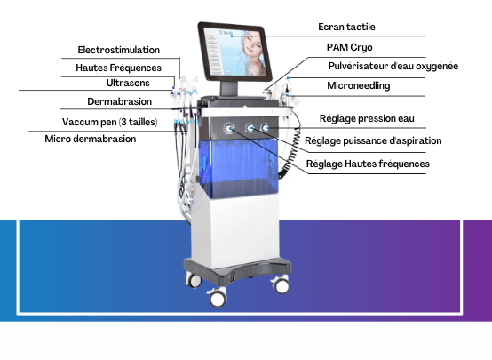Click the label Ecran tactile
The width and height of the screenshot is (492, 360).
pyautogui.click(x=346, y=27)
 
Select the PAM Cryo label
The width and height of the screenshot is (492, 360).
pyautogui.click(x=349, y=47)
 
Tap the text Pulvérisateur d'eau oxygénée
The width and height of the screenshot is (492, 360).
pyautogui.click(x=393, y=67)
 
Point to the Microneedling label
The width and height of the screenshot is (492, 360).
pyautogui.click(x=358, y=85)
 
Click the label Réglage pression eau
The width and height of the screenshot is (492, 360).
pyautogui.click(x=367, y=118)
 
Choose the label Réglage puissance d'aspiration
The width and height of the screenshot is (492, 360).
pyautogui.click(x=373, y=140)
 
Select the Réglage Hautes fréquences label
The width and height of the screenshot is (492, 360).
pyautogui.click(x=368, y=164)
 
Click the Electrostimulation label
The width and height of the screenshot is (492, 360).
pyautogui.click(x=119, y=50)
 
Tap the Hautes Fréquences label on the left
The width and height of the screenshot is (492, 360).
pyautogui.click(x=118, y=68)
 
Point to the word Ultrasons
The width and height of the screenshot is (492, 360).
pyautogui.click(x=128, y=83)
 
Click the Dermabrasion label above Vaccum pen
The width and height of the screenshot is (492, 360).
pyautogui.click(x=119, y=101)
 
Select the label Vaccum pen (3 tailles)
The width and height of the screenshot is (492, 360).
pyautogui.click(x=110, y=122)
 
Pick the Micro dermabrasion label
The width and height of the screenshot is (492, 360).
pyautogui.click(x=91, y=139)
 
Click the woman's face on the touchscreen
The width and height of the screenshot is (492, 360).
pyautogui.click(x=254, y=44)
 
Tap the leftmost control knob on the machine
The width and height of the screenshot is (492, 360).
pyautogui.click(x=229, y=128)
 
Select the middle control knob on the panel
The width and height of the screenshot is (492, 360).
pyautogui.click(x=250, y=127)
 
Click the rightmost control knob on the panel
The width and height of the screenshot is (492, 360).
pyautogui.click(x=266, y=127)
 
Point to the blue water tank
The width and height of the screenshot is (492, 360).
pyautogui.click(x=239, y=168)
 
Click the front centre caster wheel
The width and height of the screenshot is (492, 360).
pyautogui.click(x=218, y=298)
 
